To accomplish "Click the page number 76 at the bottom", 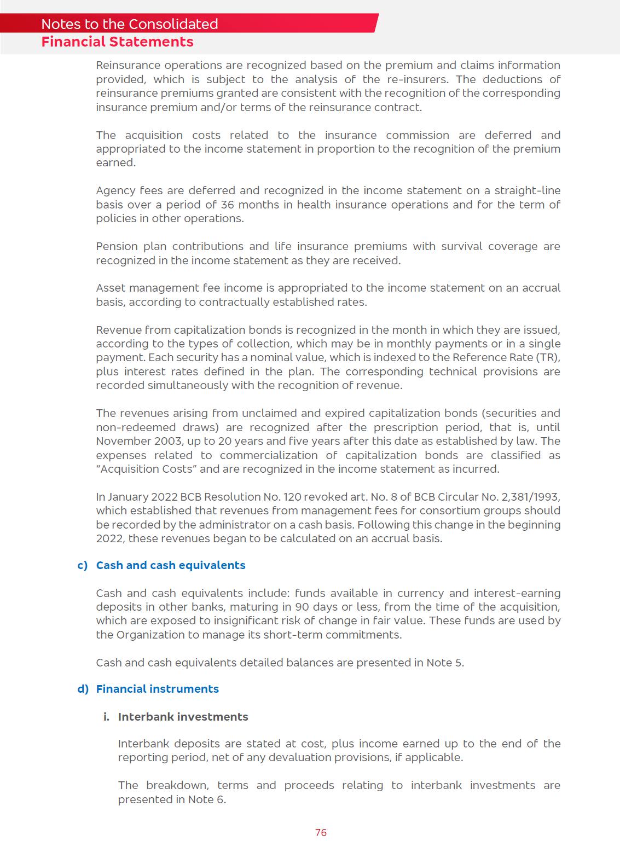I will coord(321,832).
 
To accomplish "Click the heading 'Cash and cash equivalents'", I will coord(170,565).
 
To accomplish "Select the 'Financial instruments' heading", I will coord(157,689).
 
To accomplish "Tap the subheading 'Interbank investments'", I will coord(183,717).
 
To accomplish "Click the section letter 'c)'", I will coord(83,565).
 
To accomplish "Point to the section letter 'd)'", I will coord(83,689).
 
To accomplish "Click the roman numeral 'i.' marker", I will coord(107,717).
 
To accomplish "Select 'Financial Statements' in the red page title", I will coord(117,42).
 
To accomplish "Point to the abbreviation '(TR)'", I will coord(549,357).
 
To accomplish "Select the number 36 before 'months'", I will coord(227,205).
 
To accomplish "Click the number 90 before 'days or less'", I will coord(302,607).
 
